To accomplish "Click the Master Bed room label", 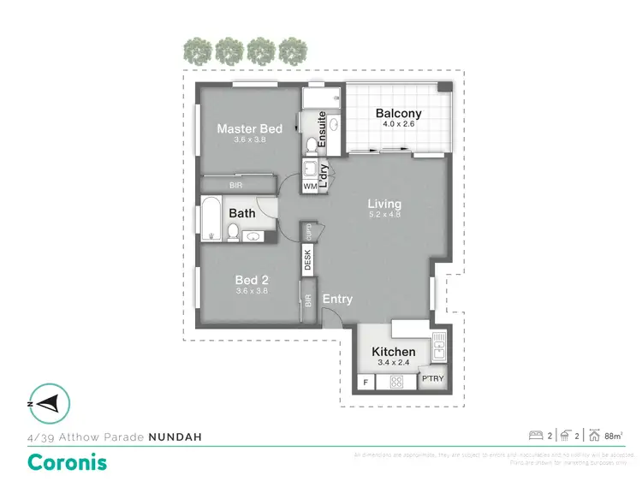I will point(249,129).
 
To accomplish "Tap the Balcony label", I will point(398,114).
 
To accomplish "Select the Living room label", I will point(384,204).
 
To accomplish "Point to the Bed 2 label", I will point(253,279).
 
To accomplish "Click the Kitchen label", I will point(394,352).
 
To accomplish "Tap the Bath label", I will point(241,213).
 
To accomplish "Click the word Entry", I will point(337,299).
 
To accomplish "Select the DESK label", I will point(308,259).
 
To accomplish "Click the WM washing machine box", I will point(310,185).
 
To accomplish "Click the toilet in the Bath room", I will point(233,230).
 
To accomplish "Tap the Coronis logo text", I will point(67,462).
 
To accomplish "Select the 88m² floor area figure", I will point(613,436).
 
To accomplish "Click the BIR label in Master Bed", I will point(235,185).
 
